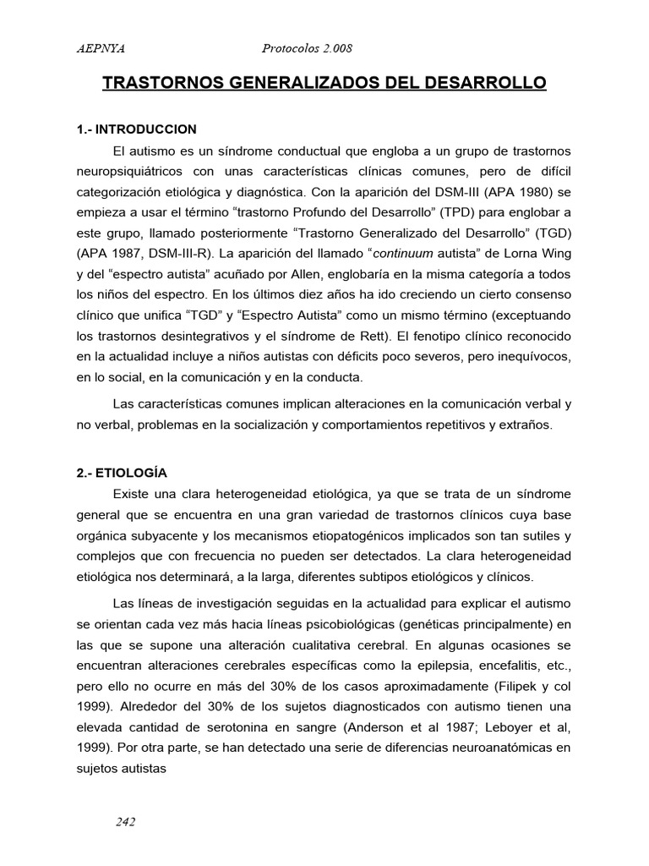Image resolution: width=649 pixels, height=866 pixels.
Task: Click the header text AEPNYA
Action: coord(101,49)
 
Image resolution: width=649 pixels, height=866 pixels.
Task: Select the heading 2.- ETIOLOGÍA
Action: coord(122,474)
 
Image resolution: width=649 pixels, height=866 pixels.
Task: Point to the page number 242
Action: coord(124,821)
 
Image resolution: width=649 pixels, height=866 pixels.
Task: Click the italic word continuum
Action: coord(401,250)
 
